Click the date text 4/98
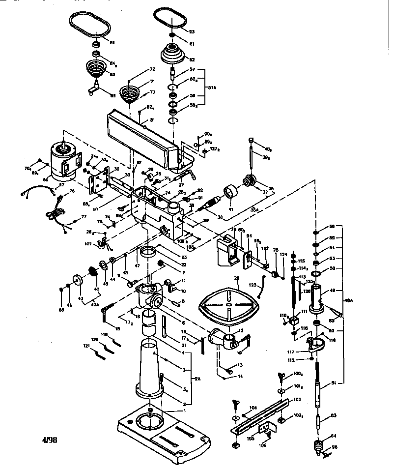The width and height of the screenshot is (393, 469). click(50, 440)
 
